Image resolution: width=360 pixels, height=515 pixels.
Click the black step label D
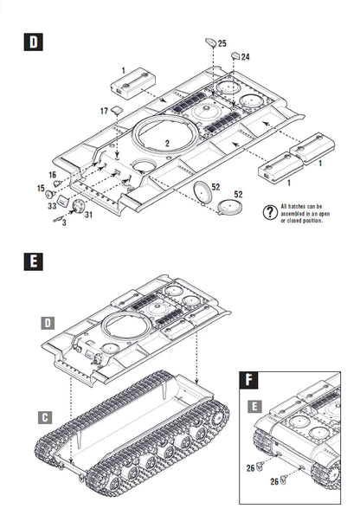click(x=32, y=42)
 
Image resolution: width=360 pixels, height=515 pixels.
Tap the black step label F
click(x=250, y=378)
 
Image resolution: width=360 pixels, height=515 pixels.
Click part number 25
click(x=222, y=43)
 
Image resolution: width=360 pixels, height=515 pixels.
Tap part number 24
click(x=246, y=57)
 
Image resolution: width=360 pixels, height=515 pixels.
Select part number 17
click(x=104, y=111)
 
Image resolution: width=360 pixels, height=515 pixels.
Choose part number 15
click(x=40, y=188)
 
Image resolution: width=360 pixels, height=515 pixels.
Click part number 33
click(x=53, y=206)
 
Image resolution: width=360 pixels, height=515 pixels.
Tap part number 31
click(x=88, y=216)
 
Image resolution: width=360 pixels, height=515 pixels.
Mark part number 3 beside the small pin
click(x=63, y=223)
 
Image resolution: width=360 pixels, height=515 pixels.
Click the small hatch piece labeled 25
click(x=209, y=41)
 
